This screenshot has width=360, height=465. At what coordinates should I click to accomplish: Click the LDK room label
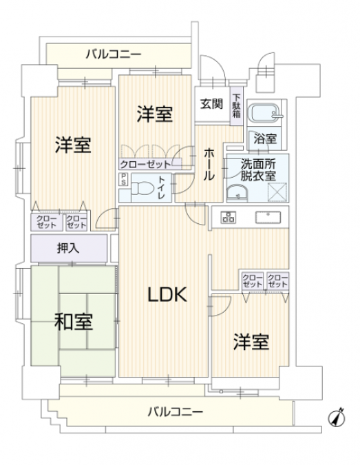tap(167, 294)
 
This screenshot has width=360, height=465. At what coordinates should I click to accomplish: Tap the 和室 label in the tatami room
tap(74, 322)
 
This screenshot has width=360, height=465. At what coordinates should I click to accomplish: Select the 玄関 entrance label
tap(211, 104)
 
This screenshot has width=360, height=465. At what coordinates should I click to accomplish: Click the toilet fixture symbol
tap(142, 188)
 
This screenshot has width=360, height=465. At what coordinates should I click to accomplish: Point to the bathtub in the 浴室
tap(266, 113)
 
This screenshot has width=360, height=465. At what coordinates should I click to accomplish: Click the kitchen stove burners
tap(228, 217)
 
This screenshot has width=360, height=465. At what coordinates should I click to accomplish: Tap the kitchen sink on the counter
tap(268, 217)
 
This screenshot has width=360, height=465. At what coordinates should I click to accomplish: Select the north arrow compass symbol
tap(337, 417)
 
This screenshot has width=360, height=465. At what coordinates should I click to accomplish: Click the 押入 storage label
tap(68, 249)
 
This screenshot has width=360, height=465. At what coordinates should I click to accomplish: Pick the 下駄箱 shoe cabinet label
tap(237, 105)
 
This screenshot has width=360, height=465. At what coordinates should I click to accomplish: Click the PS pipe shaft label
tap(123, 180)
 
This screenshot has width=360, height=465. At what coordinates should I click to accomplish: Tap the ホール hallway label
tap(209, 164)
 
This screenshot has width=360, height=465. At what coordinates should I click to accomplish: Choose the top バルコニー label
tap(114, 54)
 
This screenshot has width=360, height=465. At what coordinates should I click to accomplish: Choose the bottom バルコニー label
tap(176, 412)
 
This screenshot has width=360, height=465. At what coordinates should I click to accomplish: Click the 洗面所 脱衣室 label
tap(258, 169)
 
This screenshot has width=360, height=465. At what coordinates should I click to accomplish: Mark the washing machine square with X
tap(277, 192)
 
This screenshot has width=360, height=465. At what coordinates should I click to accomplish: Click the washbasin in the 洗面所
tap(237, 194)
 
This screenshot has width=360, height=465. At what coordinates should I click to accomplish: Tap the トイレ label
tap(162, 187)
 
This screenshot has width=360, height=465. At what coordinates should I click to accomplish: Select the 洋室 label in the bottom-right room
tap(251, 342)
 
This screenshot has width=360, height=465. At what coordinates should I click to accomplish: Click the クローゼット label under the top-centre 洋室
tap(145, 164)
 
